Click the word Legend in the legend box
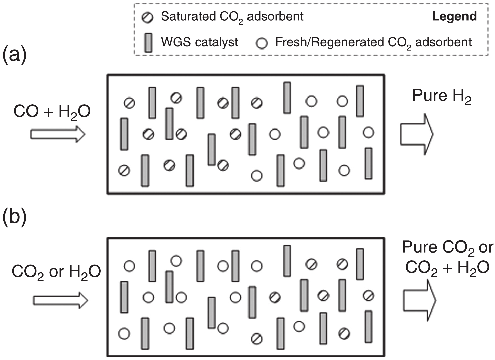point(454,16)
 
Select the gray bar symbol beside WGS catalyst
point(148,43)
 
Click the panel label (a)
point(14,55)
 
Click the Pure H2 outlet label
point(442,96)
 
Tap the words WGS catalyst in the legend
point(199,42)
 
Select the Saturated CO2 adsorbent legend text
point(232,17)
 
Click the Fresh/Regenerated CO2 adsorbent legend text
point(373,43)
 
